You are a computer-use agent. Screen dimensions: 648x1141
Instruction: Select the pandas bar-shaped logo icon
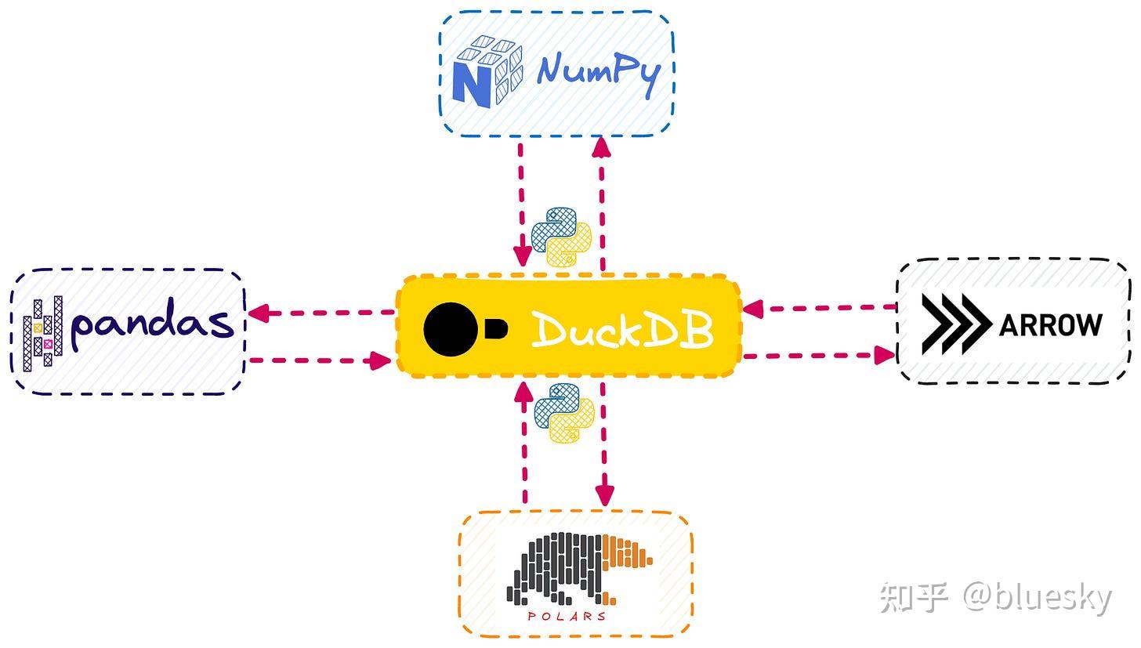[x=43, y=332]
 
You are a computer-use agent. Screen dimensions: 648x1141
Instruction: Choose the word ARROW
[x=1051, y=324]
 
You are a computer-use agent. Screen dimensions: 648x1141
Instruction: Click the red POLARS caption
[x=567, y=616]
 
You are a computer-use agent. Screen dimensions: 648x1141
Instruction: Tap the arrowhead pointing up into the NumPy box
[x=602, y=147]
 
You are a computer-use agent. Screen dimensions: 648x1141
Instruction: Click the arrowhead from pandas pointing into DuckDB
[x=381, y=360]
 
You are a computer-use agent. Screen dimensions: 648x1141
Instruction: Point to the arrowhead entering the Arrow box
[x=885, y=355]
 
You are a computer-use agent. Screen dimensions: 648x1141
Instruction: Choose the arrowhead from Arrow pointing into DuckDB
[x=752, y=309]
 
